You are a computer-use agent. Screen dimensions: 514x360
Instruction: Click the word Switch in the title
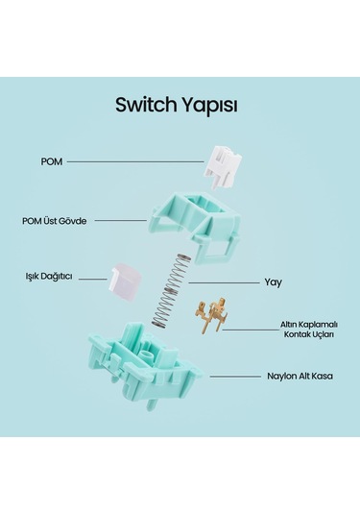coord(145,103)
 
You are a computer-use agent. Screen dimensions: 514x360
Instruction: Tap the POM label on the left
coord(52,161)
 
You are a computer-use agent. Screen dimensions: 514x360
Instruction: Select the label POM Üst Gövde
coord(55,220)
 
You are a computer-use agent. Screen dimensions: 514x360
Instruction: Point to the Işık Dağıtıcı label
coord(50,277)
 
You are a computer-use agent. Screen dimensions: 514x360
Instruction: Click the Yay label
coord(273,283)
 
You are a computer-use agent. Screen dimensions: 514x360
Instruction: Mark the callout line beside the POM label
coord(134,161)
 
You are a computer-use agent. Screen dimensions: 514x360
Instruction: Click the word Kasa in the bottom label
coord(321,378)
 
